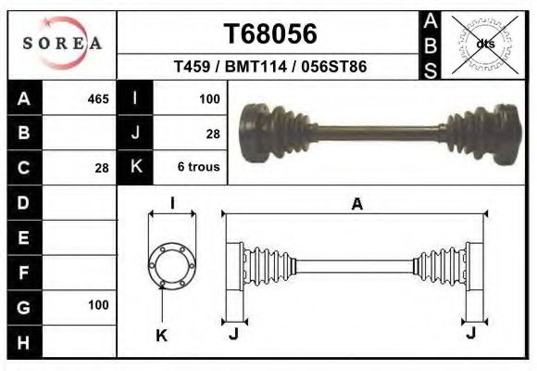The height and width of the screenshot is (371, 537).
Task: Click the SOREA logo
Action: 62,44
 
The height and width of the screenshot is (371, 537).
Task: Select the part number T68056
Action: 270,33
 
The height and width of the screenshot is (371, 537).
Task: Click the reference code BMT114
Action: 256,66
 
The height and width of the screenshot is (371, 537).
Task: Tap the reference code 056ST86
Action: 334,66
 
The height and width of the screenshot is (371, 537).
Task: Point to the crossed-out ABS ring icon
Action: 484,45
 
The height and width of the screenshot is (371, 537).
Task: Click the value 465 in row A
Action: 98,99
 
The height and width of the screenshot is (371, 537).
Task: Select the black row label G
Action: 24,308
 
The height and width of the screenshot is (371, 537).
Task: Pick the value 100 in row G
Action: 98,305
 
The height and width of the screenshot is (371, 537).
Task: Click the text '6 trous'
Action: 199,167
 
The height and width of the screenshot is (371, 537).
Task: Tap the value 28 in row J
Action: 213,134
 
